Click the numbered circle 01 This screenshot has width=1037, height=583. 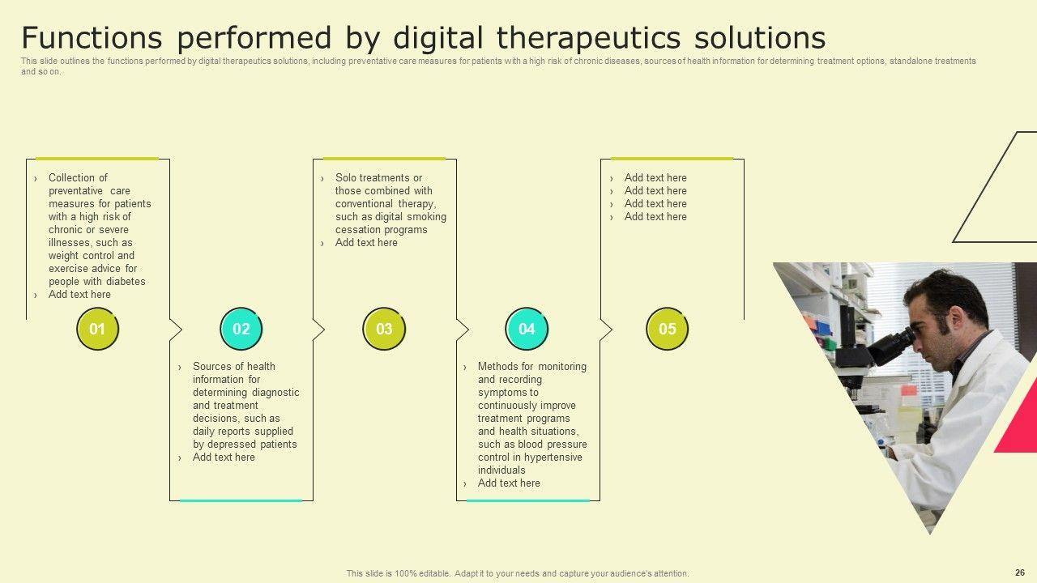click(97, 329)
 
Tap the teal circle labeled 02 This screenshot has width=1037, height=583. click(241, 329)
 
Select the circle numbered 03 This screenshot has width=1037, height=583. click(384, 329)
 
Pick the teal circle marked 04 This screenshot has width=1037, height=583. click(527, 329)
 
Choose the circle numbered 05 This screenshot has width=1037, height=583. click(667, 329)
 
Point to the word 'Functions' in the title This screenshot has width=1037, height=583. click(92, 37)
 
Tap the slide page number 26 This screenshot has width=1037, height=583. click(1020, 572)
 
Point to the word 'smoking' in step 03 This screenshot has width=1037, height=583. click(429, 217)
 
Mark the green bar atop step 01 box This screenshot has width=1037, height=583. click(97, 159)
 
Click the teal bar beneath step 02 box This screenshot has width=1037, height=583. click(241, 500)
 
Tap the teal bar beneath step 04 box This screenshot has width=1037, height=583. click(527, 500)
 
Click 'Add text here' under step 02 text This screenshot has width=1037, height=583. click(224, 457)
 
